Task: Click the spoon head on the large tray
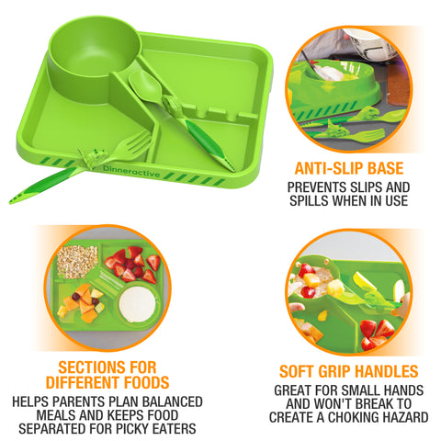click(147, 82)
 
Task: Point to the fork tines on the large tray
click(132, 142)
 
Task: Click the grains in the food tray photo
click(77, 262)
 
